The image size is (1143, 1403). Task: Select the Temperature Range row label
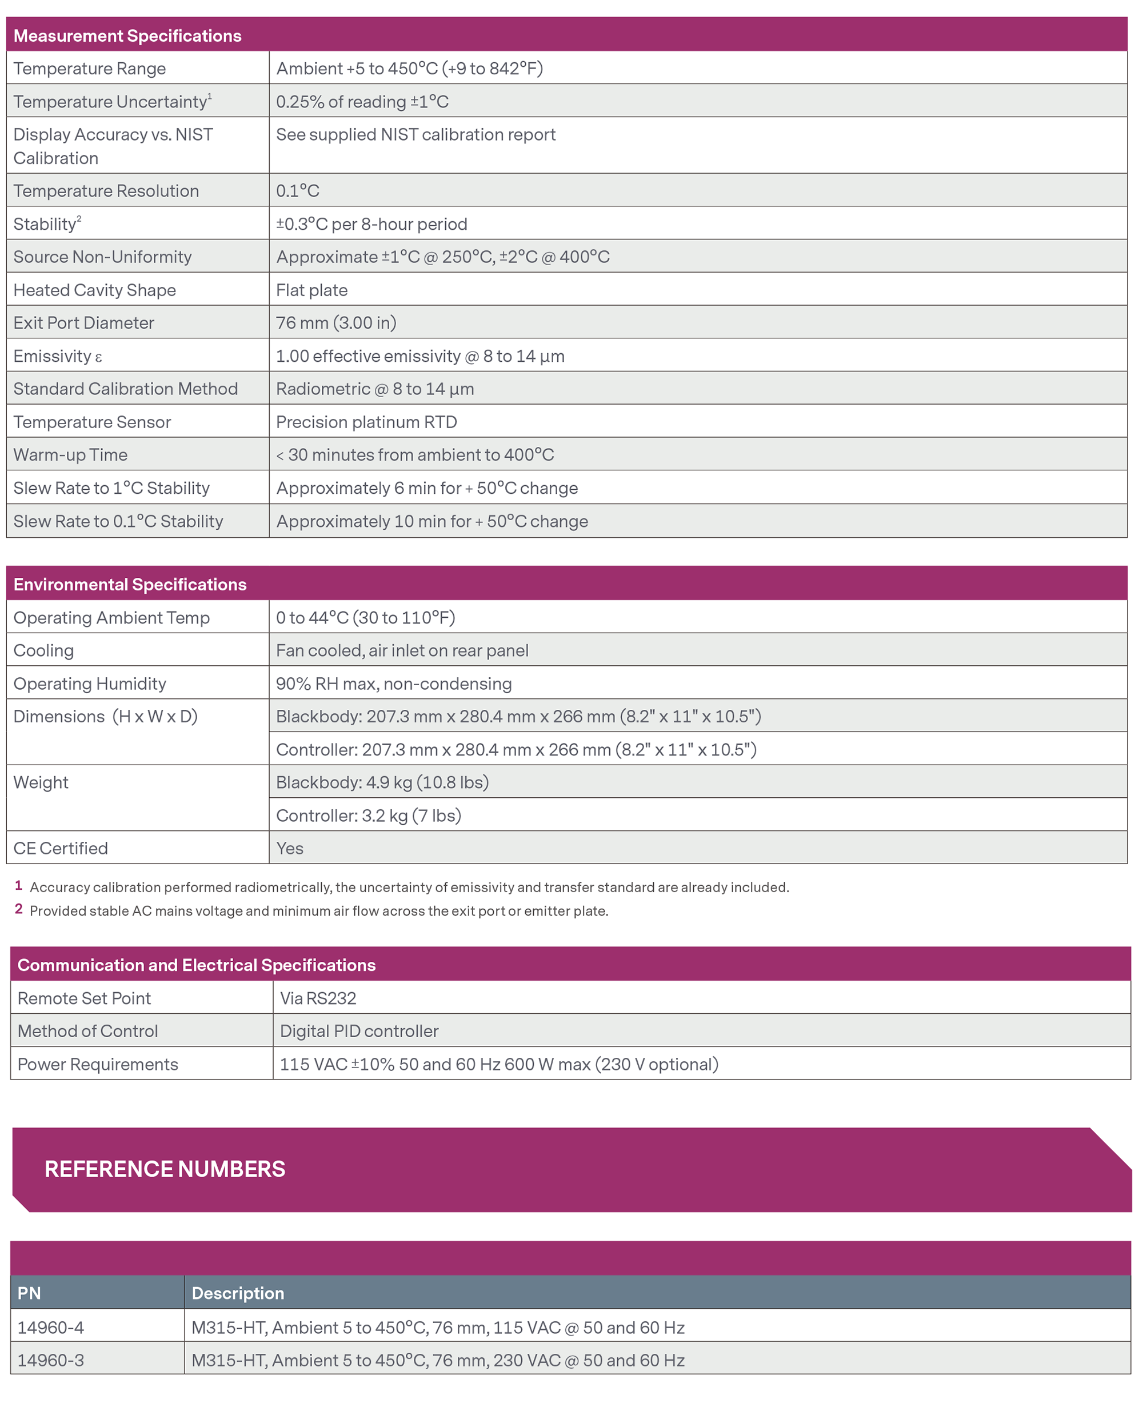coord(90,69)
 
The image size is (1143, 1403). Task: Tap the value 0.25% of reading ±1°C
coord(362,101)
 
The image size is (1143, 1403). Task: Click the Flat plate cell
coord(311,290)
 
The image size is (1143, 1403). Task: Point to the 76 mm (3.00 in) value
coord(336,323)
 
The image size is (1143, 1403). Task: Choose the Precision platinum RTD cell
coord(366,421)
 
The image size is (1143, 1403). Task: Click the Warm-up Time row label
coord(70,454)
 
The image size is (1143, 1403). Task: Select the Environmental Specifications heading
coord(130,584)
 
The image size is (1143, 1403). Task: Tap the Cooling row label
coord(43,650)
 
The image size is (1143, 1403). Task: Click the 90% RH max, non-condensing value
coord(394,683)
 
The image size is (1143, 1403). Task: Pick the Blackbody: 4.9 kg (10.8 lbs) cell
coord(382,782)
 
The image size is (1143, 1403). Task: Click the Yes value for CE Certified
coord(290,848)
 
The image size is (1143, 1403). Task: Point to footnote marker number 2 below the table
coord(18,909)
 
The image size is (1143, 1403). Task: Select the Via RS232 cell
coord(318,998)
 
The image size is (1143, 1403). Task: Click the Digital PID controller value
coord(359,1031)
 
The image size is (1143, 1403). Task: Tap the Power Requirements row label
coord(98,1064)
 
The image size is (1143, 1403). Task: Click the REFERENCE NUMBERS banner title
coord(165,1169)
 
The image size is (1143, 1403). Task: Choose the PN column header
coord(29,1293)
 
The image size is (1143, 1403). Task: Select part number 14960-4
coord(51,1328)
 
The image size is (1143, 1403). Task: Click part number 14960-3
coord(51,1360)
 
